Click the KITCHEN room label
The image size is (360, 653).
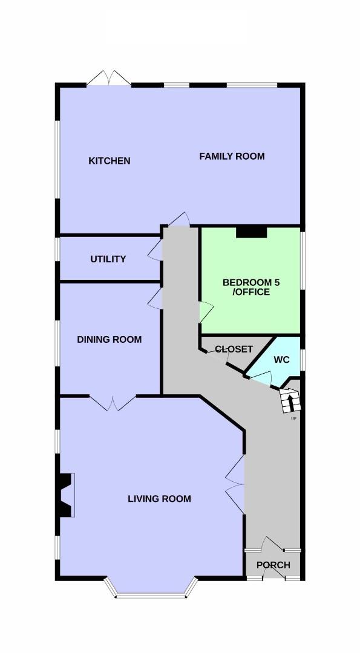(109, 161)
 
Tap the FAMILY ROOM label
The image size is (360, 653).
(232, 157)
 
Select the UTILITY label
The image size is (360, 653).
(108, 259)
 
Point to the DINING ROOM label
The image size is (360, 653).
(109, 339)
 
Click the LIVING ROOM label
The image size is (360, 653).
(160, 498)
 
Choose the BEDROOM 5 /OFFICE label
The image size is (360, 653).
(251, 287)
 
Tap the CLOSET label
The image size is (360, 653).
(234, 349)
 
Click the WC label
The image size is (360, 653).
(282, 360)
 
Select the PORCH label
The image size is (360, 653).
(273, 565)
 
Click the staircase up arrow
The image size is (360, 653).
(291, 401)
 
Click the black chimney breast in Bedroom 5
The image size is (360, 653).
(251, 232)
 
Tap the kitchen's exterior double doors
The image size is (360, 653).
(109, 78)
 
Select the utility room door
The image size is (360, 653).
(154, 250)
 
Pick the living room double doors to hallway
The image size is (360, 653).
(235, 484)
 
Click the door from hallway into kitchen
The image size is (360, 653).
(180, 219)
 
